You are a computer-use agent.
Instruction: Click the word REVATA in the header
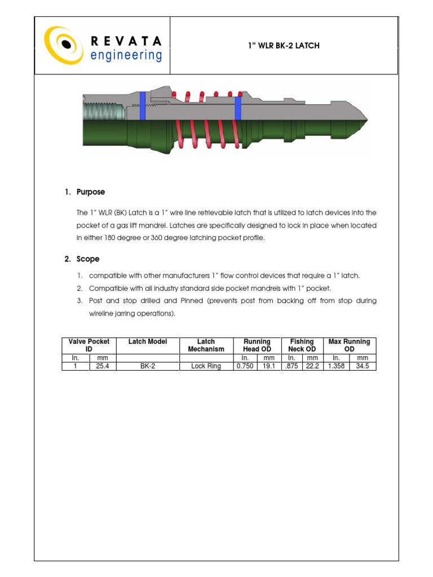[x=126, y=41]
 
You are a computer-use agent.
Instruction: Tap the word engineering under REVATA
[x=126, y=55]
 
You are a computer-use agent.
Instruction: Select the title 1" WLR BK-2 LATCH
[x=284, y=46]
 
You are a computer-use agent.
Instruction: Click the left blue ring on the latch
[x=142, y=105]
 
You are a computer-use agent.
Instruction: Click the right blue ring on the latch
[x=238, y=108]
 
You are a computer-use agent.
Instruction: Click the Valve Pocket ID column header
[x=89, y=345]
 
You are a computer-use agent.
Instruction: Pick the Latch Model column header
[x=148, y=341]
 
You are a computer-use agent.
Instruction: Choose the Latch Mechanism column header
[x=206, y=345]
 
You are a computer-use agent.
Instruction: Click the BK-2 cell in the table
[x=148, y=366]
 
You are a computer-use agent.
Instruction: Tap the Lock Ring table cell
[x=206, y=366]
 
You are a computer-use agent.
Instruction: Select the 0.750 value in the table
[x=245, y=366]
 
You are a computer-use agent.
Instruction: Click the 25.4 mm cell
[x=102, y=366]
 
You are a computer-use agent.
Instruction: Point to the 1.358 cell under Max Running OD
[x=335, y=366]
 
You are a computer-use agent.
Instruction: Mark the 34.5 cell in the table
[x=363, y=366]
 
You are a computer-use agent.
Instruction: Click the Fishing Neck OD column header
[x=302, y=345]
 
